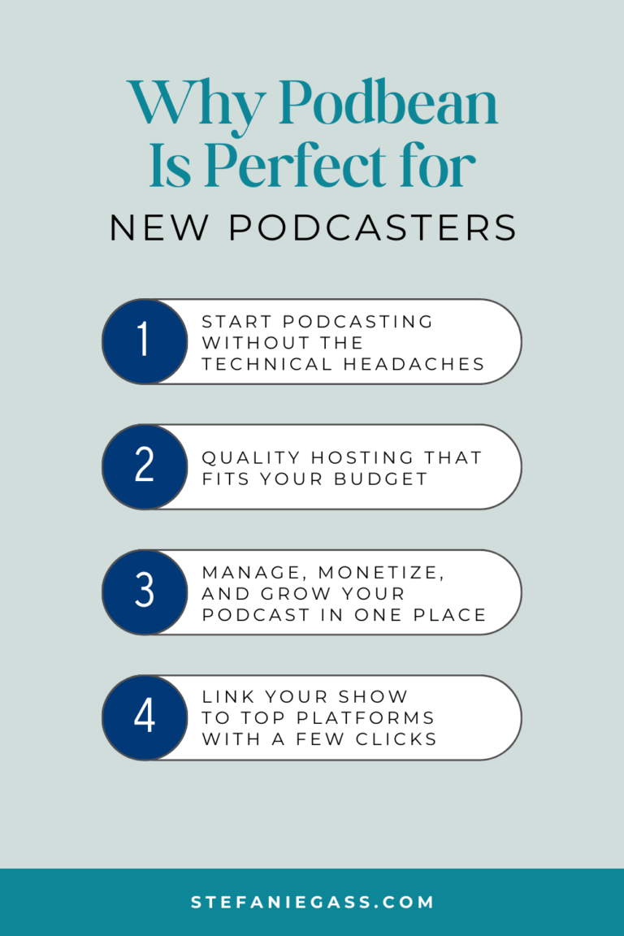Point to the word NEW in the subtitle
tap(159, 228)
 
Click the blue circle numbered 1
tap(144, 341)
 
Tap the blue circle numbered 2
tap(144, 466)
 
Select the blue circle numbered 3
tap(144, 592)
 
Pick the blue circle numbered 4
tap(144, 717)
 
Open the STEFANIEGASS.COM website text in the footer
tap(312, 902)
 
